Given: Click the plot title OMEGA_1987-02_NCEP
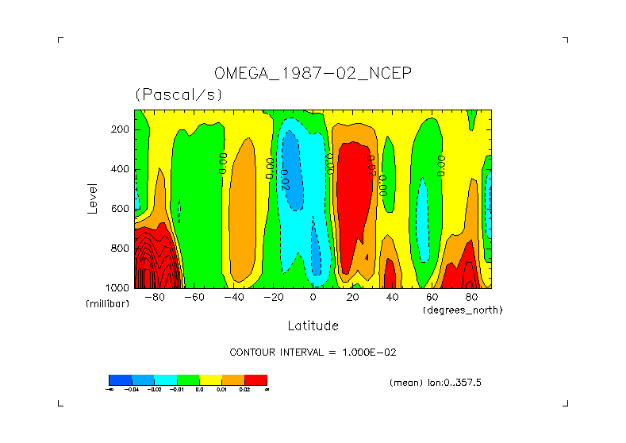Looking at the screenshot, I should click(313, 74).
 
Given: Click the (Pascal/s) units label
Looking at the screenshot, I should click(179, 94).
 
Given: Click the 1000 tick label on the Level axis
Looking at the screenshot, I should click(117, 287).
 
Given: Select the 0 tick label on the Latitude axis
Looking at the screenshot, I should click(313, 298).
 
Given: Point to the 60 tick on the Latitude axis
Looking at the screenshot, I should click(432, 298).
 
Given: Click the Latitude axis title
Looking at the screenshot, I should click(313, 326).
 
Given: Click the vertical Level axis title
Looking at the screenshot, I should click(92, 198).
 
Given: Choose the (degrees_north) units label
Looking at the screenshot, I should click(463, 310).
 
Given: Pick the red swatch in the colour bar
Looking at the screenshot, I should click(255, 379).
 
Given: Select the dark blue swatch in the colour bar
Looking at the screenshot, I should click(120, 379).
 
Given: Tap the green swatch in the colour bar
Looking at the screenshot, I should click(188, 379).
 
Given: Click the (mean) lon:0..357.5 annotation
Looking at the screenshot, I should click(436, 382).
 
